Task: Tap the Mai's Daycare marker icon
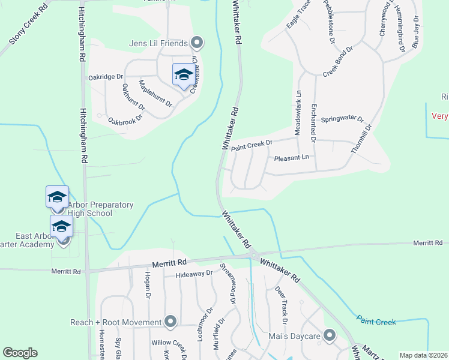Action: (330, 336)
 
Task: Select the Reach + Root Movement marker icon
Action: (170, 322)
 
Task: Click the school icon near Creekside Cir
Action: (183, 75)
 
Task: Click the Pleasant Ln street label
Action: (291, 158)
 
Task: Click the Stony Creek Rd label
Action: (28, 28)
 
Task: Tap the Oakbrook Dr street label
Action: (125, 118)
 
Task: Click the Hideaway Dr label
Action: (194, 274)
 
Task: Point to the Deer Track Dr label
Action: (281, 301)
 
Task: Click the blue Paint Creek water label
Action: (376, 322)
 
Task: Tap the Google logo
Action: (20, 353)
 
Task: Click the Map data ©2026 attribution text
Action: (423, 355)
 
